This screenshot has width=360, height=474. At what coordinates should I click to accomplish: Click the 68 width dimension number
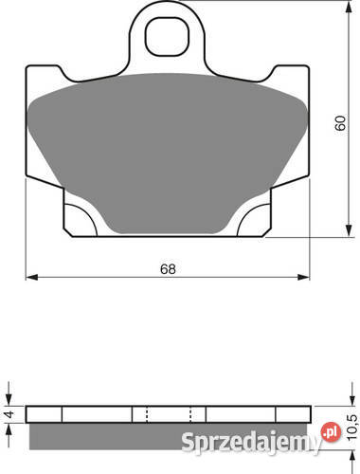[x=168, y=269]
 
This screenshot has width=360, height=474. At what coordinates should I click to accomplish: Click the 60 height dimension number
[x=340, y=123]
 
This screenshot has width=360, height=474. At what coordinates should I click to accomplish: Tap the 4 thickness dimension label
[x=10, y=414]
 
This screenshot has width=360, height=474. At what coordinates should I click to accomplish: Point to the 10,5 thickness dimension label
[x=352, y=428]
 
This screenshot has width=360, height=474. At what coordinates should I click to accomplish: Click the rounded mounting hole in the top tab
[x=167, y=37]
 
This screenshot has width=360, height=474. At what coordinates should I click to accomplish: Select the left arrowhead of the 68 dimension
[x=31, y=277]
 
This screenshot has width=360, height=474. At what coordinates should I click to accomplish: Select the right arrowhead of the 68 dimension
[x=303, y=277]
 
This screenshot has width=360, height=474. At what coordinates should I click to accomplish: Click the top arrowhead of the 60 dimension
[x=349, y=7]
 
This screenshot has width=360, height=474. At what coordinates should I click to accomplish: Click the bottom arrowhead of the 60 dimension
[x=349, y=230]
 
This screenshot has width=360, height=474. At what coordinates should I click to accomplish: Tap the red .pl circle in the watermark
[x=331, y=432]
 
